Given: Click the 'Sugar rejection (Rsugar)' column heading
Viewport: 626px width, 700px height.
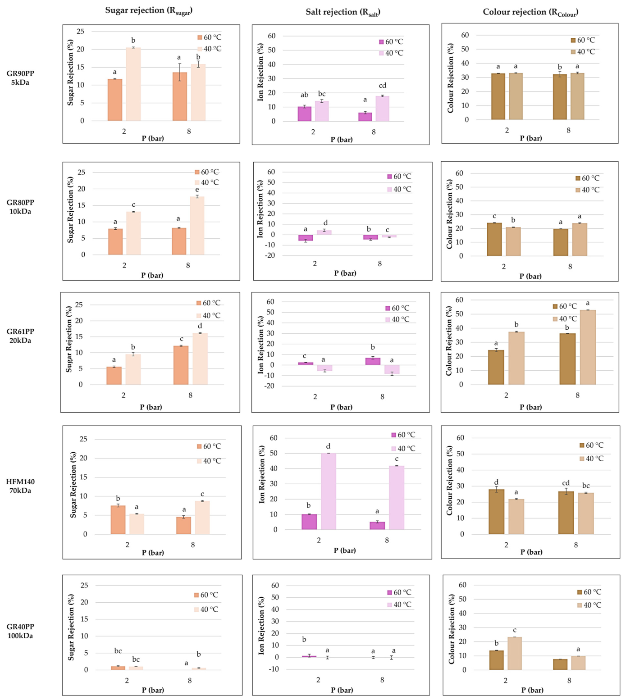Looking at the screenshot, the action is tap(149, 11).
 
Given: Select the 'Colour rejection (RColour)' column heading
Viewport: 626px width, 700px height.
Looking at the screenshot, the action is tap(530, 12).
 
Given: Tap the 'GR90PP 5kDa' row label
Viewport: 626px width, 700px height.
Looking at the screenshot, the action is tap(20, 78).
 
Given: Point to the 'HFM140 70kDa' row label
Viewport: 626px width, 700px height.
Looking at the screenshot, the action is tap(20, 486).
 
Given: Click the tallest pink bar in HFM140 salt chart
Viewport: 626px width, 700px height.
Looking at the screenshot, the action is tap(328, 491).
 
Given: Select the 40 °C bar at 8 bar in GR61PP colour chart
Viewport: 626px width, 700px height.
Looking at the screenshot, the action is tap(588, 347).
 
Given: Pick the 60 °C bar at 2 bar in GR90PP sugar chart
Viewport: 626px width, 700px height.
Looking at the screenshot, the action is tap(115, 100).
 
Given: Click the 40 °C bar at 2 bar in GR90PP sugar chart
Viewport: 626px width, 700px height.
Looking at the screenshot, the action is tap(133, 84).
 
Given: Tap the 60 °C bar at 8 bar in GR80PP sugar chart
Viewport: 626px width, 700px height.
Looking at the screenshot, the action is tap(179, 241).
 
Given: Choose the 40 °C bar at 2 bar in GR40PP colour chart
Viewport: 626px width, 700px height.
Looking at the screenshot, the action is tap(515, 653).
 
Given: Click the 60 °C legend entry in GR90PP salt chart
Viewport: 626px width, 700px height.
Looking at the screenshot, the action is tap(391, 41).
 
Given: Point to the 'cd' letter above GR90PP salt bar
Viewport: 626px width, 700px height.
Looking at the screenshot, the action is tap(382, 86).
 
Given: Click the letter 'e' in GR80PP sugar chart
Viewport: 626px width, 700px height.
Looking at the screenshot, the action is tap(197, 190).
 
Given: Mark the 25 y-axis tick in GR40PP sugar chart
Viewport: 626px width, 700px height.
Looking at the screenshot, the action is tap(84, 586).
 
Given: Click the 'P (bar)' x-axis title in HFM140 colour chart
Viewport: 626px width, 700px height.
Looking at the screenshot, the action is tap(531, 552).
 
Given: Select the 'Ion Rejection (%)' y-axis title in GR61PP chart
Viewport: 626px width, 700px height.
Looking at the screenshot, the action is tap(261, 345).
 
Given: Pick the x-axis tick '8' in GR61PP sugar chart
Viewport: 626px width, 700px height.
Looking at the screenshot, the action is tap(191, 395).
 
